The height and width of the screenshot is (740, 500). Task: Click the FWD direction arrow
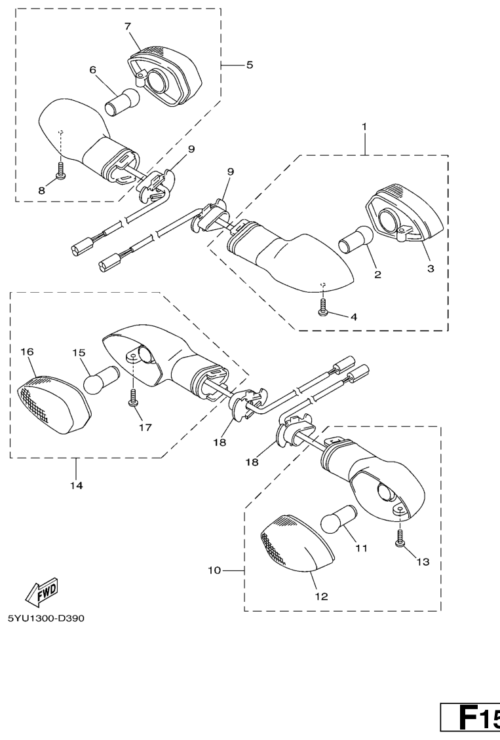[41, 592]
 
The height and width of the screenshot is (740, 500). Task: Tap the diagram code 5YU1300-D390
[46, 618]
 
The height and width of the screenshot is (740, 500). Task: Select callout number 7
[128, 26]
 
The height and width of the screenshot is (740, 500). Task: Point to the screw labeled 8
[60, 170]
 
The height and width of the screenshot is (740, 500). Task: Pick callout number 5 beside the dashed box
[249, 65]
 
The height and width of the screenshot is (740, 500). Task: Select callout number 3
[430, 268]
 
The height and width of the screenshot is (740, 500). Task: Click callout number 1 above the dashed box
[364, 126]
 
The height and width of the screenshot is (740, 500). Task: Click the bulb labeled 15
[100, 379]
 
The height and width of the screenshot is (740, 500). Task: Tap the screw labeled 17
[132, 398]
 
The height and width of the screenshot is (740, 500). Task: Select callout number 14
[77, 485]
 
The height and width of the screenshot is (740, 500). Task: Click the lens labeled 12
[296, 543]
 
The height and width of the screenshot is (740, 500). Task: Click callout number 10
[214, 570]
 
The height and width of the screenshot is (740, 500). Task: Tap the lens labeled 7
[164, 76]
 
